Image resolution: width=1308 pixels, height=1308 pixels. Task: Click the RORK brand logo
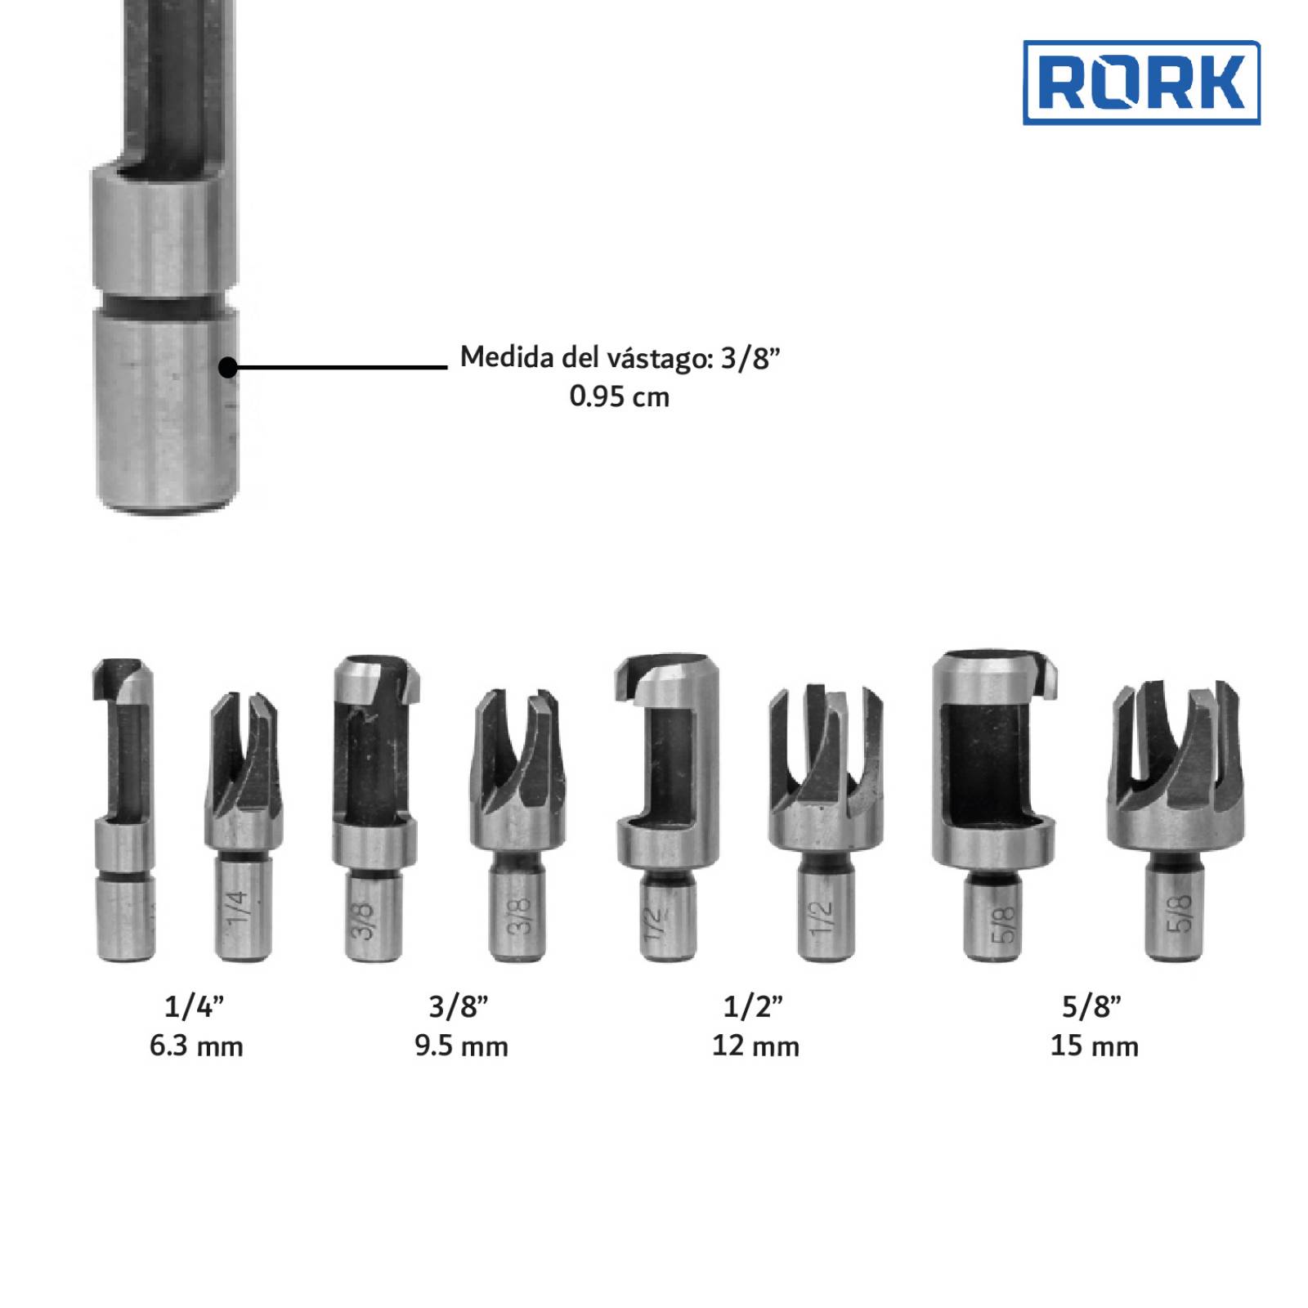pyautogui.click(x=1141, y=83)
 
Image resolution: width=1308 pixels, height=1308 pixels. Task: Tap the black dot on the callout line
pyautogui.click(x=228, y=367)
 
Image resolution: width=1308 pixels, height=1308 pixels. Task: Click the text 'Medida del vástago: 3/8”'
pyautogui.click(x=620, y=357)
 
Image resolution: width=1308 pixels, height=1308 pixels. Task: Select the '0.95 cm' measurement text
pyautogui.click(x=620, y=396)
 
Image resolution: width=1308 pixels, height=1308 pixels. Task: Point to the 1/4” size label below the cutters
pyautogui.click(x=194, y=1006)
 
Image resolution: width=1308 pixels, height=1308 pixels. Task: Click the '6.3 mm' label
pyautogui.click(x=196, y=1046)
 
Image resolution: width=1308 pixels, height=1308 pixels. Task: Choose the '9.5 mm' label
pyautogui.click(x=461, y=1046)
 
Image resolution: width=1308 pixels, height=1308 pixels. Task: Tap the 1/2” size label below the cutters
pyautogui.click(x=753, y=1006)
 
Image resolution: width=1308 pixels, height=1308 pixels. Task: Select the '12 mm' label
pyautogui.click(x=755, y=1046)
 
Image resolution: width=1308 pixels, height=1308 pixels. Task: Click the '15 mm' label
pyautogui.click(x=1094, y=1046)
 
